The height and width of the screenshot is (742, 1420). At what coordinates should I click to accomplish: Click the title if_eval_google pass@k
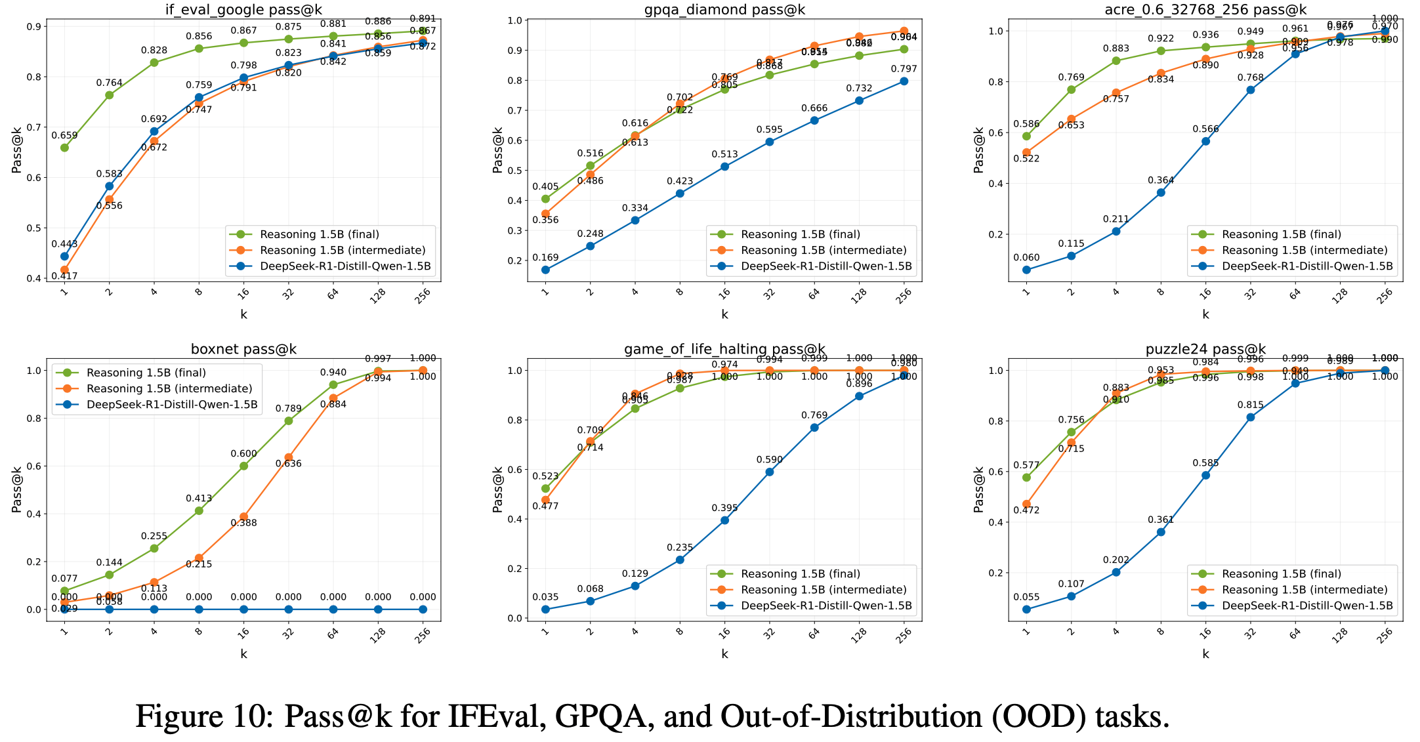(243, 10)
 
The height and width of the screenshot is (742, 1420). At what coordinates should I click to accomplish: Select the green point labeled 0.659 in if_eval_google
(64, 148)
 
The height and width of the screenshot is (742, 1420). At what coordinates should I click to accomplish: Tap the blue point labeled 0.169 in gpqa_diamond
(545, 270)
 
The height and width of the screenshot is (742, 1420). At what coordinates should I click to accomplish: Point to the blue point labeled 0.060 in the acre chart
(1026, 270)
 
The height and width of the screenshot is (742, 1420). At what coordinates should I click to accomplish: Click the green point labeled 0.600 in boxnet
(243, 466)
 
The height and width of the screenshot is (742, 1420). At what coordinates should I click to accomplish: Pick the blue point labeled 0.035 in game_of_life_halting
(545, 609)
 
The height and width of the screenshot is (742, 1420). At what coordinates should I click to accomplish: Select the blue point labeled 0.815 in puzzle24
(1250, 417)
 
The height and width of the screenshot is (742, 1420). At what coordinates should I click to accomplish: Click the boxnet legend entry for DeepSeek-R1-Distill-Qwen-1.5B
(172, 404)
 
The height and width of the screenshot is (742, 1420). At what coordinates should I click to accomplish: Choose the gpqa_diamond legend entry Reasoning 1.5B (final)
(800, 234)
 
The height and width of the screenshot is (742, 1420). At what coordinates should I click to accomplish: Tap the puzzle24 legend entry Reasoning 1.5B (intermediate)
(1305, 590)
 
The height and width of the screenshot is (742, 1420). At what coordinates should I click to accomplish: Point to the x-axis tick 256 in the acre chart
(1385, 296)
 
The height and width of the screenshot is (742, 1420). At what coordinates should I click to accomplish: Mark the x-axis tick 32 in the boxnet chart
(288, 634)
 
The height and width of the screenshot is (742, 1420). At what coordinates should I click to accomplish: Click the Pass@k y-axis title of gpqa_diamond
(498, 151)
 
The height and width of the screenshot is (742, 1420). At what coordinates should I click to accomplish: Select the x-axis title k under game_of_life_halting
(724, 653)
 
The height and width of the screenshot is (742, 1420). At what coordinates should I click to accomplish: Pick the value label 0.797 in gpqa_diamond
(904, 69)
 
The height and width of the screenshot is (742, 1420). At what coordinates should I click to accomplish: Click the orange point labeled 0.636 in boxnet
(288, 457)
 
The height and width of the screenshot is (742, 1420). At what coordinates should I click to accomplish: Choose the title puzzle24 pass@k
(1205, 349)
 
